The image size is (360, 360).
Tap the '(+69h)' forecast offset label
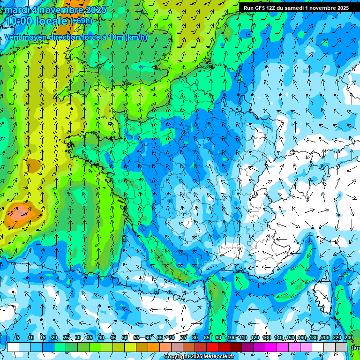[x=81, y=21]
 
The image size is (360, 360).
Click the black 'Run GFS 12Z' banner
[x=296, y=8]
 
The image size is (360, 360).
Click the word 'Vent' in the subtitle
[x=13, y=37]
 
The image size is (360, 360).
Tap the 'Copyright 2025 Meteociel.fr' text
[x=199, y=357]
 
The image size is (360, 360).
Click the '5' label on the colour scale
[x=18, y=337]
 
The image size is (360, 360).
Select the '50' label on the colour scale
[x=125, y=337]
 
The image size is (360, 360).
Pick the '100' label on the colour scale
[x=231, y=337]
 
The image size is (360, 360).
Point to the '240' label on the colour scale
[x=348, y=337]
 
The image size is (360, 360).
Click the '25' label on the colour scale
[x=66, y=337]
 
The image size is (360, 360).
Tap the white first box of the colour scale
[x=13, y=347]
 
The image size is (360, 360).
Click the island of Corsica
[x=323, y=291]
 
